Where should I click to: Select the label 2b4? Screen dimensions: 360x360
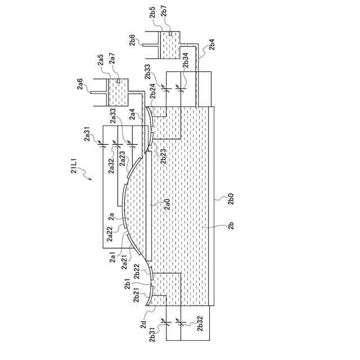[x=211, y=46]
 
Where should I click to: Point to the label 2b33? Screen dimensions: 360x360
[x=148, y=73]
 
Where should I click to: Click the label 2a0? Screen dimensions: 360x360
[x=167, y=205]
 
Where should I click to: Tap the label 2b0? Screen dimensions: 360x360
[x=231, y=200]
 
